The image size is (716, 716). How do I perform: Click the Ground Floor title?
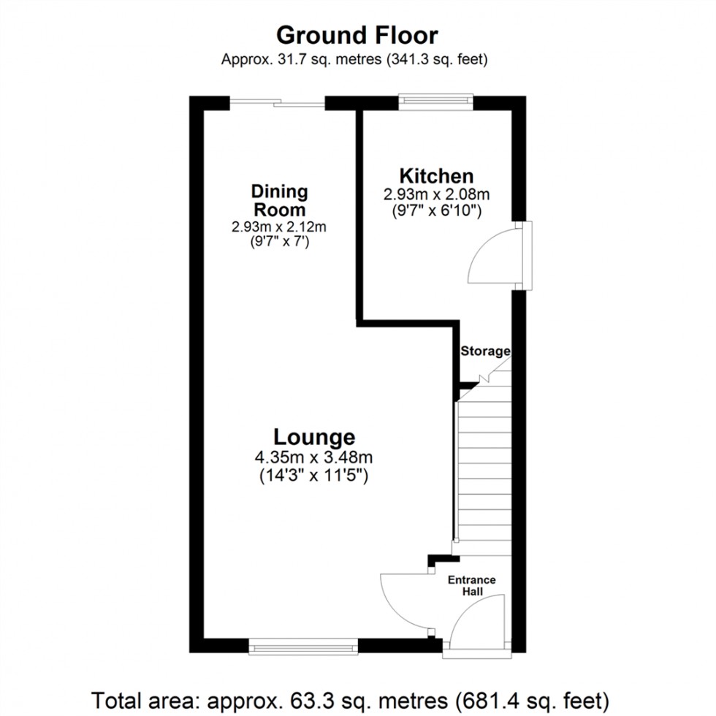(x=357, y=35)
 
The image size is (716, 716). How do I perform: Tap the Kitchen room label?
(x=436, y=176)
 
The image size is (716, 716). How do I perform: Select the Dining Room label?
(x=279, y=201)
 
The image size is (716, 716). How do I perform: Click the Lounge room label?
(x=314, y=437)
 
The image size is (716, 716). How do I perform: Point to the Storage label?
(x=484, y=351)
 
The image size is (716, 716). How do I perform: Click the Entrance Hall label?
(x=471, y=585)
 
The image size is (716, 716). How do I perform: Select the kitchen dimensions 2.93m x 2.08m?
(x=436, y=195)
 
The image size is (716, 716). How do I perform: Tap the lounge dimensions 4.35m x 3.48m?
(x=314, y=458)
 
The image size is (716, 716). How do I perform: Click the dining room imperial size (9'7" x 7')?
(x=279, y=242)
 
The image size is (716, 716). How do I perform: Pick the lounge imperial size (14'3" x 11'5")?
(x=314, y=476)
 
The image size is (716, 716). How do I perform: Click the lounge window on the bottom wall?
(x=303, y=645)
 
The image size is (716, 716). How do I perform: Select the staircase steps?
(x=484, y=468)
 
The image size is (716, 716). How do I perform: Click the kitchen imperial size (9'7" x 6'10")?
(x=436, y=211)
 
